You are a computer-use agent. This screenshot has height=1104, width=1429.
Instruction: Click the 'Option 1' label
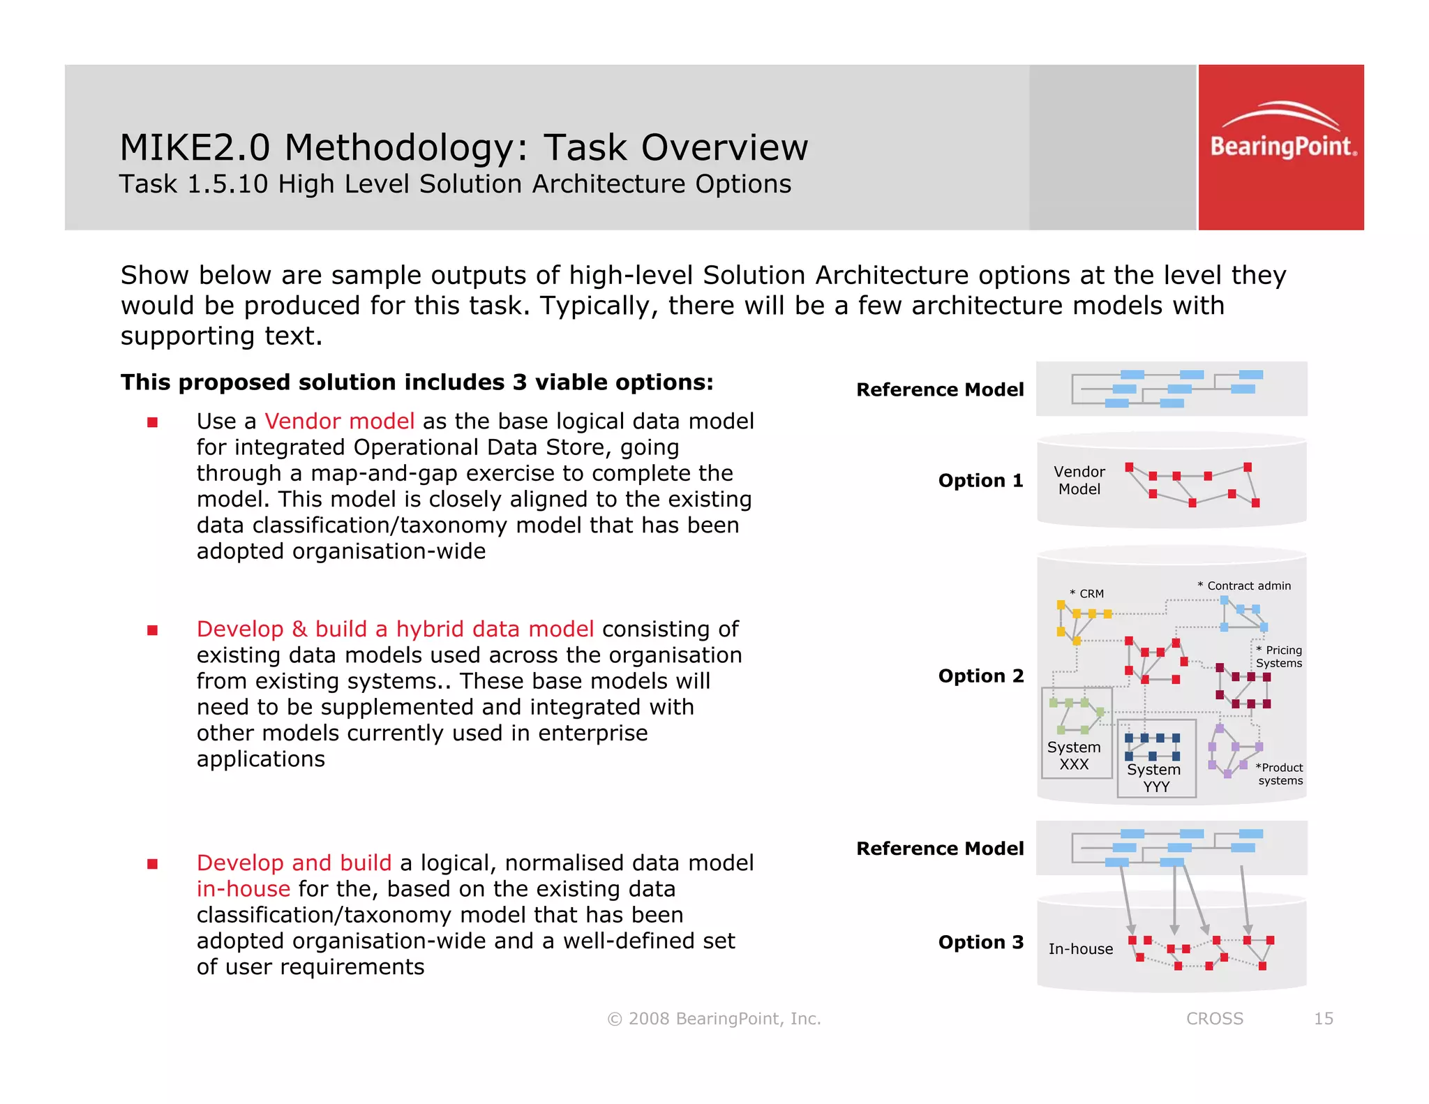coord(980,481)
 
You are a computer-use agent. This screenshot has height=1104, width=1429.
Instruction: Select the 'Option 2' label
coord(980,676)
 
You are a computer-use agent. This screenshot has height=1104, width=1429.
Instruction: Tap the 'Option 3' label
coord(980,942)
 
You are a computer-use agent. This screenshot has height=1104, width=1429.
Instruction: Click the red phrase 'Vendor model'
coord(340,422)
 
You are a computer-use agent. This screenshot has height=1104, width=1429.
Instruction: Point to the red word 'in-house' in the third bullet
coord(243,889)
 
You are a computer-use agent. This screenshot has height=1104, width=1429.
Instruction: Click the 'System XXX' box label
coord(1074,756)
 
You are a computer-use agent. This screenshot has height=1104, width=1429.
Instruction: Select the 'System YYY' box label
coord(1154,777)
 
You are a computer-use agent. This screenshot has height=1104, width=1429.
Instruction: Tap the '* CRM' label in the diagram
coord(1087,594)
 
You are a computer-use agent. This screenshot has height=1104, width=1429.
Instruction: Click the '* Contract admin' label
coord(1244,586)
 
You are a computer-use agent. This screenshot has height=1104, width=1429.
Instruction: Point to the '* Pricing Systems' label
coord(1279,657)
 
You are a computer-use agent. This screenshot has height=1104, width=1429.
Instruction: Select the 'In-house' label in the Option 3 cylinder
coord(1080,949)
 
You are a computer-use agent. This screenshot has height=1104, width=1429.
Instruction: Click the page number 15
coord(1323,1019)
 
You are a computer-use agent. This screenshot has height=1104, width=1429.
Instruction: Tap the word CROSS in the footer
coord(1214,1019)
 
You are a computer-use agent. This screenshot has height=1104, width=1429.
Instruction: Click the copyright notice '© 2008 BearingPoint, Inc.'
coord(714,1019)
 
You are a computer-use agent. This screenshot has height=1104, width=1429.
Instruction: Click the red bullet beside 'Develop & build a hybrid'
coord(153,630)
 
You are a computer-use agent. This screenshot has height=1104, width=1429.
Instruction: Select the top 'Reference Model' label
coord(940,389)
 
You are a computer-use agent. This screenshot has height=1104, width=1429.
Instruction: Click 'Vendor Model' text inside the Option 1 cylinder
coord(1079,481)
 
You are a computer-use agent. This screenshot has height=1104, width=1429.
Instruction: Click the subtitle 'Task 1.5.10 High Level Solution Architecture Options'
coord(455,184)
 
